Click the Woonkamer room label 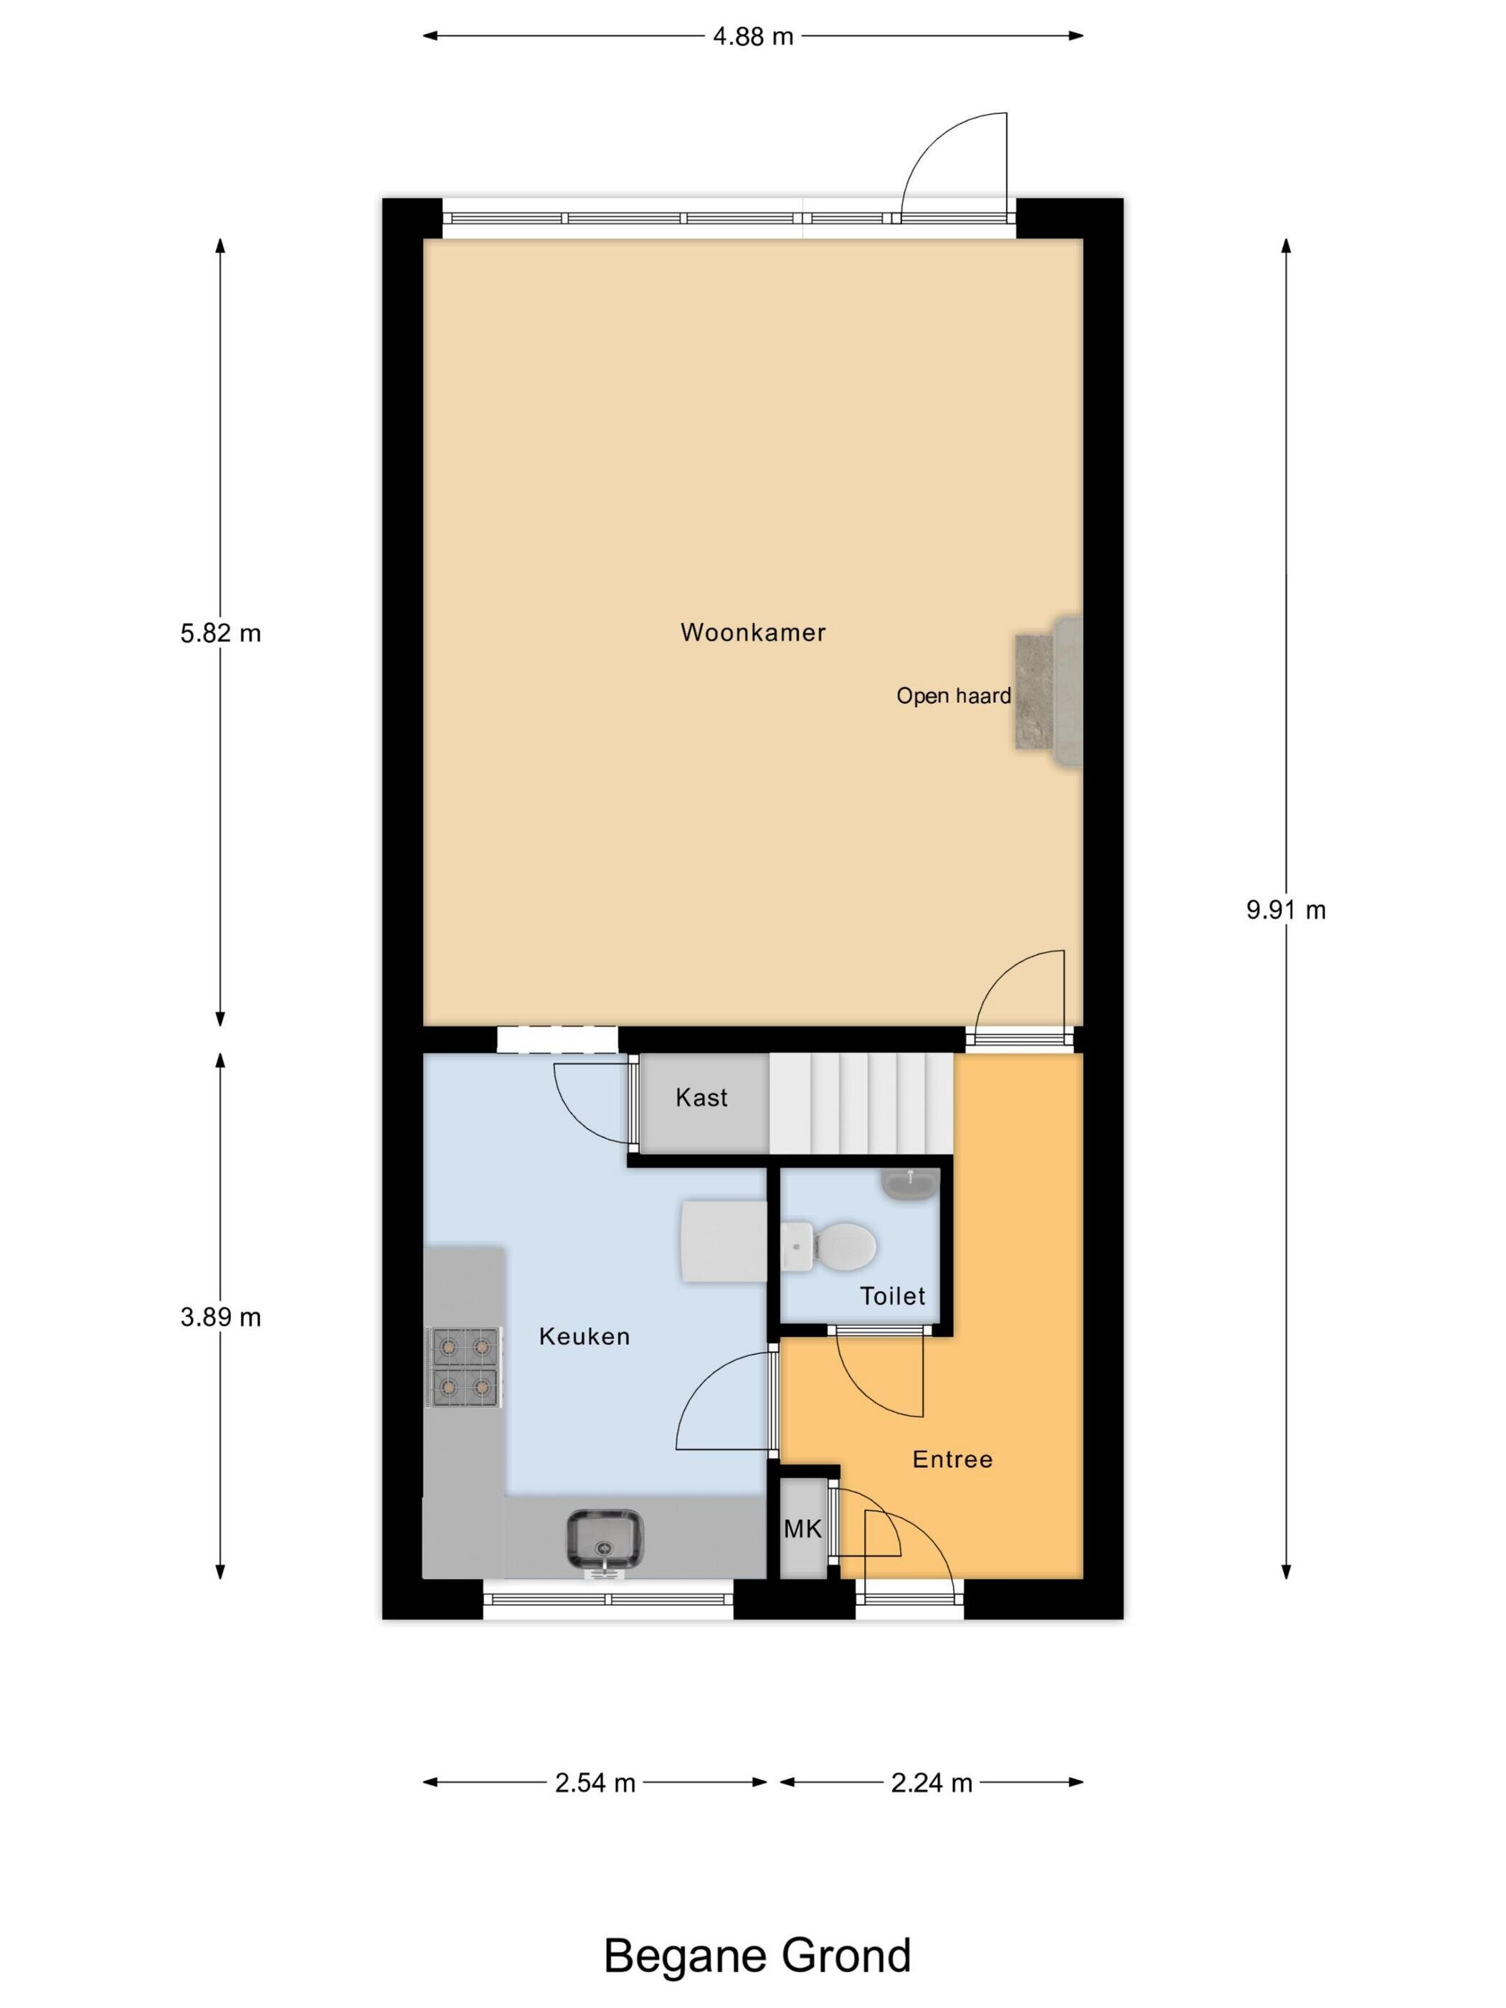[752, 632]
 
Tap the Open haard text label [953, 696]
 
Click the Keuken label [584, 1336]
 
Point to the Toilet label [892, 1297]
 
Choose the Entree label [952, 1459]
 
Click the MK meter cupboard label [802, 1530]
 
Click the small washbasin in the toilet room [909, 1185]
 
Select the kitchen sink [605, 1540]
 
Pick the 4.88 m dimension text [752, 37]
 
